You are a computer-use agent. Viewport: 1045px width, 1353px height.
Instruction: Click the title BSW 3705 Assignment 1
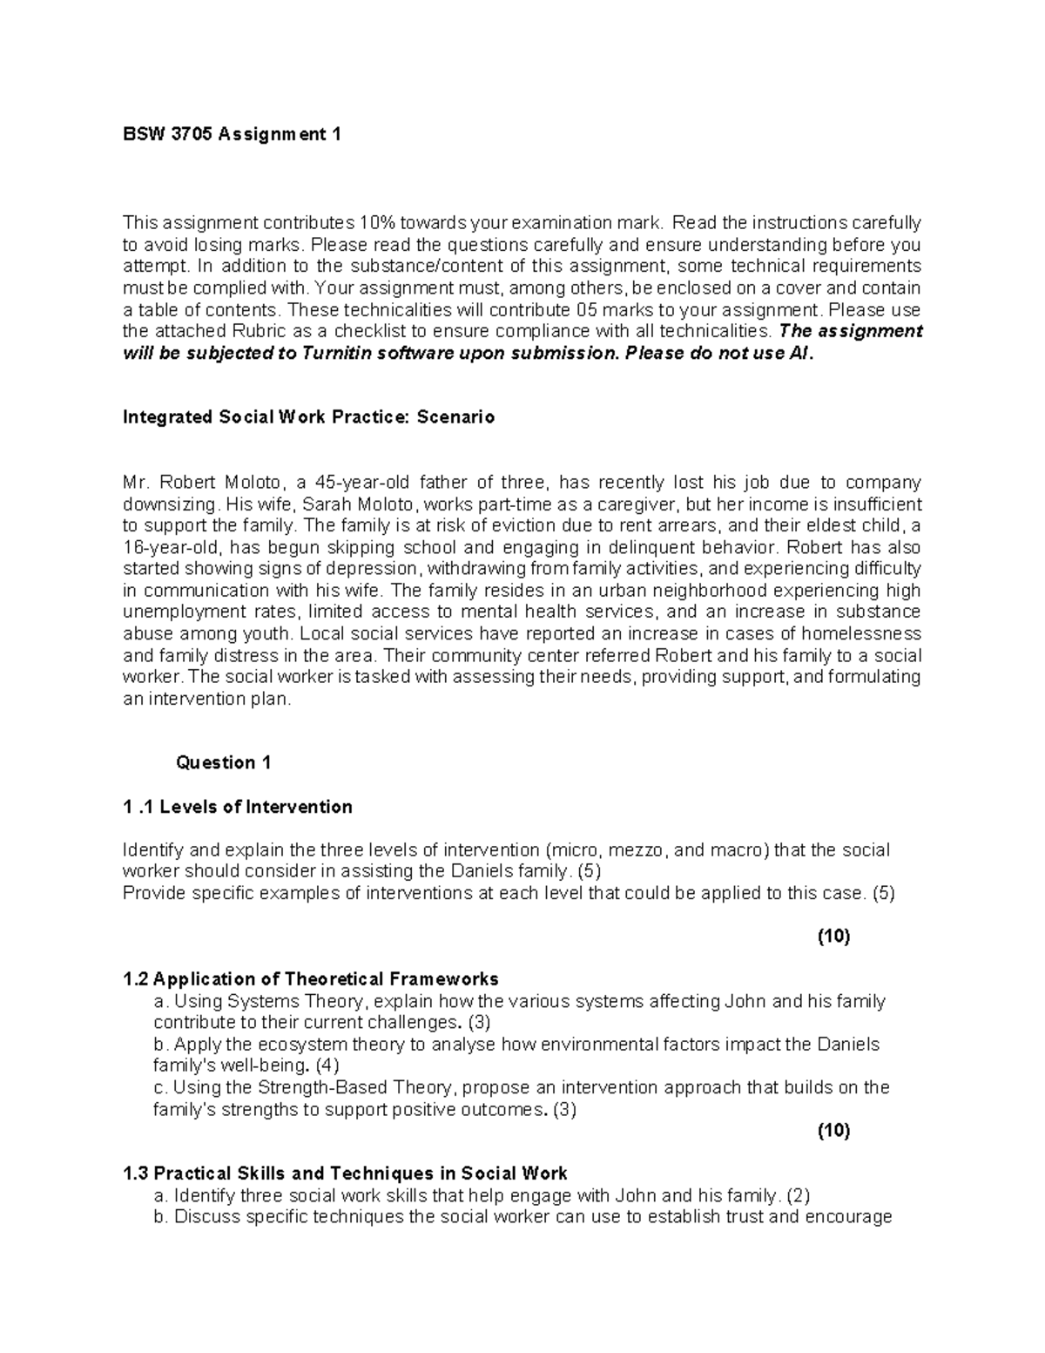click(x=232, y=134)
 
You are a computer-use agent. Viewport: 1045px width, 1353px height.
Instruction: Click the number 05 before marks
click(x=588, y=310)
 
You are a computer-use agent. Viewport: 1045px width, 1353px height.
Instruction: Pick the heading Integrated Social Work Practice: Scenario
click(x=308, y=417)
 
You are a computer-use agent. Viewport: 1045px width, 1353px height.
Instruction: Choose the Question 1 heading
click(x=224, y=763)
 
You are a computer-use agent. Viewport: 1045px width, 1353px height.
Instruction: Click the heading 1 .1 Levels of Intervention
click(x=238, y=807)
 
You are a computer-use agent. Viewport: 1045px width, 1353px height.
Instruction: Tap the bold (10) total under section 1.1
click(x=833, y=937)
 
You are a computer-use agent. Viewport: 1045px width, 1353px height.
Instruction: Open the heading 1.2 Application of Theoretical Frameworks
click(x=312, y=978)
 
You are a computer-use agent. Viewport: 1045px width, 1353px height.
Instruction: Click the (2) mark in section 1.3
click(x=799, y=1195)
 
